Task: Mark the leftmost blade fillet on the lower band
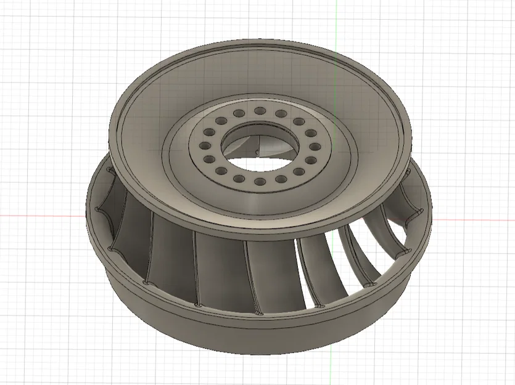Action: (x=97, y=211)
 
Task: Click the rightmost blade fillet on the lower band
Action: (x=420, y=212)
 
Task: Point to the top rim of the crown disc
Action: (x=259, y=44)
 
